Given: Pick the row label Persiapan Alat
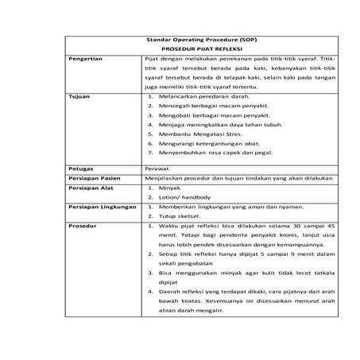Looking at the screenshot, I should pyautogui.click(x=90, y=191).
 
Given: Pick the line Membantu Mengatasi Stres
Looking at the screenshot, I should pyautogui.click(x=196, y=134).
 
